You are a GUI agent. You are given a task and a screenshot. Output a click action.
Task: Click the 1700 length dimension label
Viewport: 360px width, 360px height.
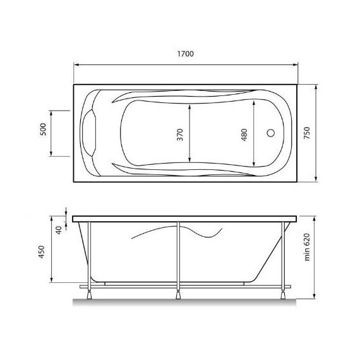pos(185,54)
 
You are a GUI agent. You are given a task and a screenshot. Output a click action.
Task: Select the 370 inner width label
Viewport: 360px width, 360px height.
pos(180,134)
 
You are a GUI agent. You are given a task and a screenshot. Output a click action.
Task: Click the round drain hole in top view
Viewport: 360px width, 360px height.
pos(272,133)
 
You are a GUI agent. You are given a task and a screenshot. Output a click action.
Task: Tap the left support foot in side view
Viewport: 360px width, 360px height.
pos(89,292)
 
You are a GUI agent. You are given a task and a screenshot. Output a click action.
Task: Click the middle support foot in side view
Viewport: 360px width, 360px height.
pos(179,292)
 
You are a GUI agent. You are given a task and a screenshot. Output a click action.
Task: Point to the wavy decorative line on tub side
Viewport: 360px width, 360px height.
pos(180,232)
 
